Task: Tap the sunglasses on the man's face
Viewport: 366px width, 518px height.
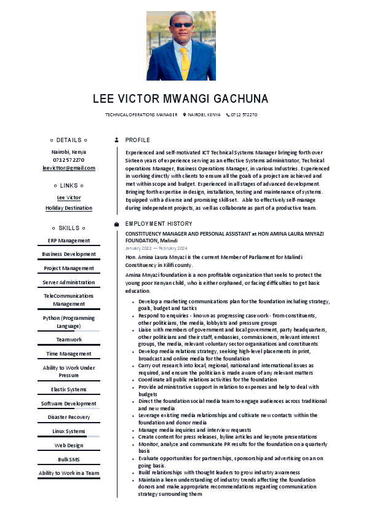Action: [x=181, y=26]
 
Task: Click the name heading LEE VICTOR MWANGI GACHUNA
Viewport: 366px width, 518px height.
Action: [x=181, y=99]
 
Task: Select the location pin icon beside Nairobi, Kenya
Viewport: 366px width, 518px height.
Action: [x=184, y=115]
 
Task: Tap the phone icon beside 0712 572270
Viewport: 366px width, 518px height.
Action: [x=228, y=115]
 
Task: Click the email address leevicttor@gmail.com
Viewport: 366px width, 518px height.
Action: [x=69, y=168]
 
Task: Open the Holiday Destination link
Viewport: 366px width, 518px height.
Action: [x=69, y=208]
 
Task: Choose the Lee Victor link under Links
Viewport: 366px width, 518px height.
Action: [x=69, y=197]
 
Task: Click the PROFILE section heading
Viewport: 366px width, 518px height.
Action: [x=137, y=140]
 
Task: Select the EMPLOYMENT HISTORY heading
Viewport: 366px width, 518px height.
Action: [x=159, y=224]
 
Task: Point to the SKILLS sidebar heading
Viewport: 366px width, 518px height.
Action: [x=69, y=228]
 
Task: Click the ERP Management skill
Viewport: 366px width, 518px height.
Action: [x=69, y=241]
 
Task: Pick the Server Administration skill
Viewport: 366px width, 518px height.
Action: [x=69, y=282]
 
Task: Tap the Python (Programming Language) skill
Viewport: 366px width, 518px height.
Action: [x=69, y=322]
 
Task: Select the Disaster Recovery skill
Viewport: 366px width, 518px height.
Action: [x=69, y=417]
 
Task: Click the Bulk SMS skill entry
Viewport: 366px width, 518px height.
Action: [x=69, y=460]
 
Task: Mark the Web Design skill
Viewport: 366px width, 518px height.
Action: [x=69, y=445]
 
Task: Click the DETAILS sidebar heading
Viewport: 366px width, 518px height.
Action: [x=69, y=140]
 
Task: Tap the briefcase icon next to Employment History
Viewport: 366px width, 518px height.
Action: [x=117, y=224]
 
